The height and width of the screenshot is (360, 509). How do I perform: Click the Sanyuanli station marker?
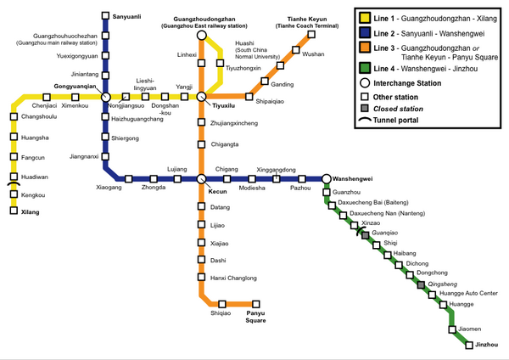tap(105, 15)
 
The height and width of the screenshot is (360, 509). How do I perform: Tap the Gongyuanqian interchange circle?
tap(105, 97)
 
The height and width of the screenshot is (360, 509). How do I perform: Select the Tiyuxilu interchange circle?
tap(201, 97)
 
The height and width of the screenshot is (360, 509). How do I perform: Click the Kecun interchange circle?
tap(201, 178)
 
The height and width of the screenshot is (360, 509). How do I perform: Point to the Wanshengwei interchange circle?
tap(327, 178)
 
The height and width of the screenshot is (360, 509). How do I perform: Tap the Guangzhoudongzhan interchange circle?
tap(201, 36)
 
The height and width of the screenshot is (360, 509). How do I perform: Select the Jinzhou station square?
tap(468, 344)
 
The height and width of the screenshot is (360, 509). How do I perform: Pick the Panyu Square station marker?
tap(249, 303)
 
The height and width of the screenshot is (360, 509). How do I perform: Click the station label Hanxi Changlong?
tap(233, 278)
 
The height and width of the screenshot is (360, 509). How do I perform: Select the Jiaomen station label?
tap(469, 329)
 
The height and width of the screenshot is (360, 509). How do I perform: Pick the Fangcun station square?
tap(14, 157)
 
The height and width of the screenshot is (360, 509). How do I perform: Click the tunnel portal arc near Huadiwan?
tap(14, 185)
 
